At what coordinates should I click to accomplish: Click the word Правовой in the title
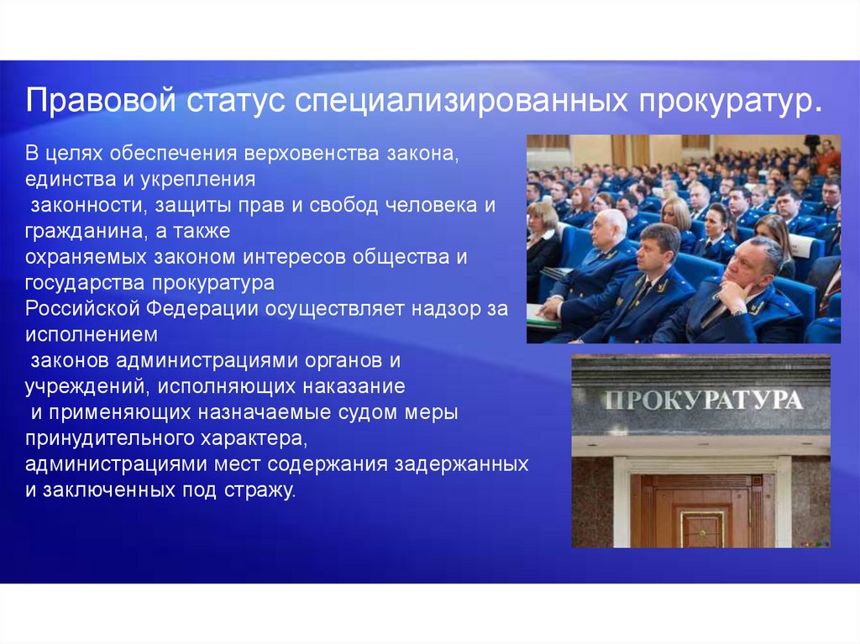point(101,101)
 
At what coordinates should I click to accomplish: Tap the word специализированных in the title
point(461,102)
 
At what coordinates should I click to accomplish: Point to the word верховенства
point(312,154)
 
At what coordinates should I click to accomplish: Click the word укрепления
point(198,180)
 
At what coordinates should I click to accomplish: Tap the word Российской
point(82,309)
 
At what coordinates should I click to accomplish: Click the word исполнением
point(92,335)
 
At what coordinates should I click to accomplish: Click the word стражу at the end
point(260,490)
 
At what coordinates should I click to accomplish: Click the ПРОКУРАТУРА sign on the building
point(703,401)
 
